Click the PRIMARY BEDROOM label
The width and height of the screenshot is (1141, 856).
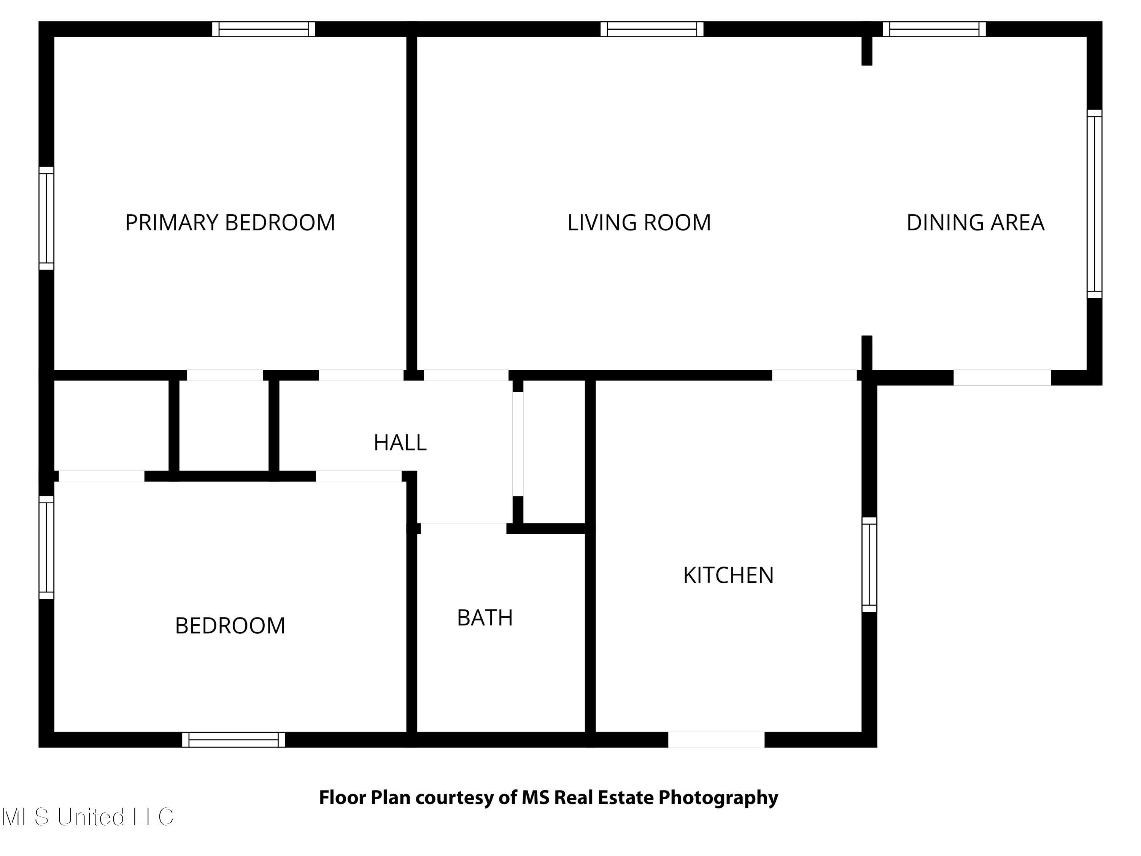coord(230,223)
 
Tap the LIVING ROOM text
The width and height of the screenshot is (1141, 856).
coord(639,223)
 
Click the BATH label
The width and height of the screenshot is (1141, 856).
coord(485,617)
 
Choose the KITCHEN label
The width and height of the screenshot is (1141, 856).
coord(728,575)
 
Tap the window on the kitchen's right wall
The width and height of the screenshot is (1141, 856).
coord(869,565)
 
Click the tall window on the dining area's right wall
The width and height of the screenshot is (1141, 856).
coord(1094,204)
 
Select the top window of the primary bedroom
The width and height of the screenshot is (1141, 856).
coord(264,29)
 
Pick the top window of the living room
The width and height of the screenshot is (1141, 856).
coord(652,29)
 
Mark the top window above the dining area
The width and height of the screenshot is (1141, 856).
coord(934,29)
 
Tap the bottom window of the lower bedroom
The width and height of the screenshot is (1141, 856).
coord(233,739)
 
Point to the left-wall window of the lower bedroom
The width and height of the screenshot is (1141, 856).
coord(46,547)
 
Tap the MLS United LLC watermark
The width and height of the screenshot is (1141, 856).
coord(88,817)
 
